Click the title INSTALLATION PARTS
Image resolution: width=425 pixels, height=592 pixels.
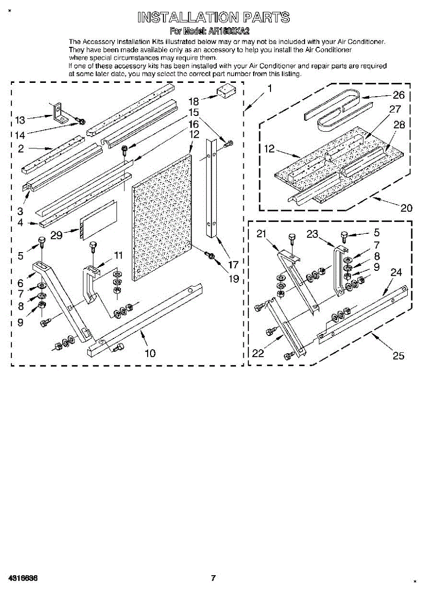[x=213, y=18]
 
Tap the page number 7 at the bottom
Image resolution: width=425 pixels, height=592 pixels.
[x=213, y=578]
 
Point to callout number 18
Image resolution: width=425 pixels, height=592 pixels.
[x=193, y=102]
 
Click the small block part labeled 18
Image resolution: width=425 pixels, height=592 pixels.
[x=227, y=92]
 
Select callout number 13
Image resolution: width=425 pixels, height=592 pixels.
[x=20, y=120]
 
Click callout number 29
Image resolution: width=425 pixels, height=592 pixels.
[x=56, y=235]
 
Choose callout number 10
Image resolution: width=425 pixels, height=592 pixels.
[x=150, y=353]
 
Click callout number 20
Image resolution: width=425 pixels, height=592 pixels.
[x=406, y=208]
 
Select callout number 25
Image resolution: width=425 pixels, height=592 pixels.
[x=398, y=355]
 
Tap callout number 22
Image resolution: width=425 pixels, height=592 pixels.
[x=258, y=353]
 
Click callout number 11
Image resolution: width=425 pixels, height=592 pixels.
[x=118, y=255]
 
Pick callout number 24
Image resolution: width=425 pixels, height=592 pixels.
[x=396, y=272]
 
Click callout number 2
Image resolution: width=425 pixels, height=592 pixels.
[x=21, y=148]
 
